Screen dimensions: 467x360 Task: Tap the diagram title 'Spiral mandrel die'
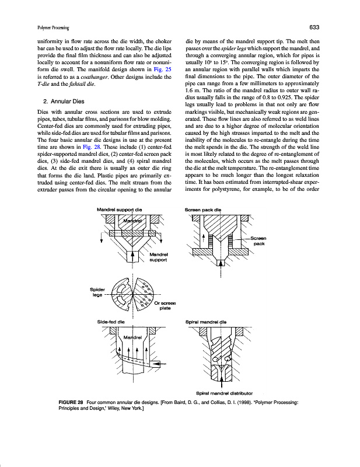pos(205,322)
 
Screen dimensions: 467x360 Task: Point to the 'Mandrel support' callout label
pos(159,257)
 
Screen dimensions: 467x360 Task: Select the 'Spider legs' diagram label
pos(97,291)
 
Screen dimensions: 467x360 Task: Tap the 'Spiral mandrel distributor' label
pos(224,393)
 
